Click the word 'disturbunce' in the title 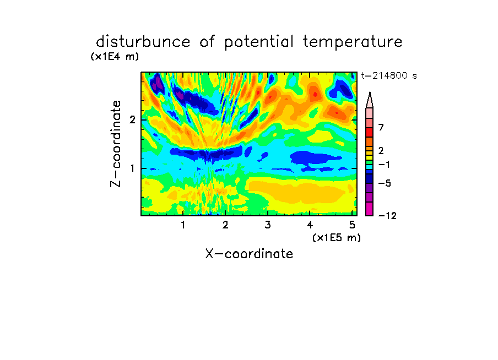click(x=143, y=42)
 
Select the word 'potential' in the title click(x=259, y=42)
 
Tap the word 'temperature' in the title click(x=353, y=42)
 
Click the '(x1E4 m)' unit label click(x=115, y=57)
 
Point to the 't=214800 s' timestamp click(x=389, y=75)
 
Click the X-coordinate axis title click(x=249, y=254)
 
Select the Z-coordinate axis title click(x=116, y=144)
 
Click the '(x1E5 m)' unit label click(x=337, y=238)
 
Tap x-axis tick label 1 click(x=183, y=225)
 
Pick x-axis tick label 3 click(x=267, y=225)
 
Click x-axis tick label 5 click(x=352, y=225)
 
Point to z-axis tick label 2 click(x=132, y=120)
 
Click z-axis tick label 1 click(x=132, y=168)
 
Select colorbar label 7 click(x=381, y=128)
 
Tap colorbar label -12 click(x=387, y=216)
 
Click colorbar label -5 click(x=385, y=183)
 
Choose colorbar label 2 click(x=381, y=150)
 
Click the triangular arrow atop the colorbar click(x=370, y=100)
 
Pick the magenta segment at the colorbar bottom click(x=370, y=209)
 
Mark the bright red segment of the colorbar click(x=370, y=132)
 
